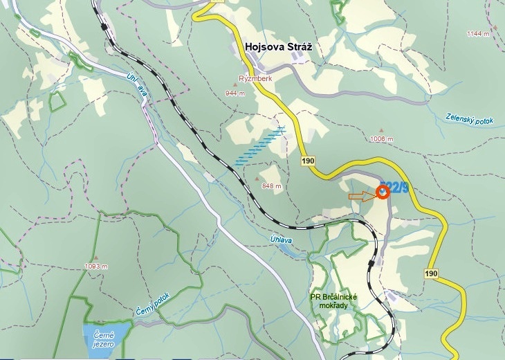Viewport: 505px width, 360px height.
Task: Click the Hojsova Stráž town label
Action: tap(279, 47)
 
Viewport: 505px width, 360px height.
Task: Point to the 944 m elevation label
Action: tap(235, 93)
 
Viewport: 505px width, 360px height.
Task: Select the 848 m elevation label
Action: tap(271, 186)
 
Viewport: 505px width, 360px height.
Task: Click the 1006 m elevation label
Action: tap(382, 139)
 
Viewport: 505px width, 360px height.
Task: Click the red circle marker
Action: tap(383, 192)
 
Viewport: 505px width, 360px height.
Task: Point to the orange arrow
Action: tap(360, 197)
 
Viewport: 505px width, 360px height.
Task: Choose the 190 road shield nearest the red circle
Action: tap(308, 161)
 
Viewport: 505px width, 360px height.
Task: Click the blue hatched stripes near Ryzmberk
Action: tap(260, 147)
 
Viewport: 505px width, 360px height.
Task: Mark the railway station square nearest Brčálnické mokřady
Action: tap(372, 263)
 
